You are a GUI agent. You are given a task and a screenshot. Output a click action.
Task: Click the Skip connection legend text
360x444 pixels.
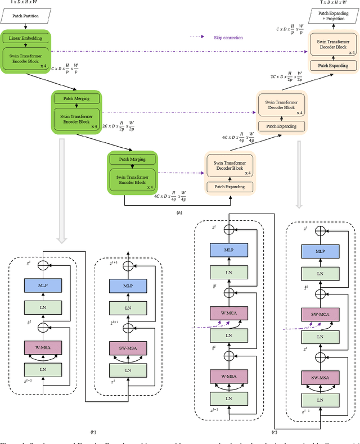227,38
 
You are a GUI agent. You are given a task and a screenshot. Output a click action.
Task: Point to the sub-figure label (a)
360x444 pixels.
179,212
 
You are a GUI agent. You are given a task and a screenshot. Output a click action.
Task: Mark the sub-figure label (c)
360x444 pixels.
273,432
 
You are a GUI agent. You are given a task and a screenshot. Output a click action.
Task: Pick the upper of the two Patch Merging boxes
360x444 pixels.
75,99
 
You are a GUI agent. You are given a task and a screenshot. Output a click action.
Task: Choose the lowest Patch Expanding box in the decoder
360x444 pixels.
229,186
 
